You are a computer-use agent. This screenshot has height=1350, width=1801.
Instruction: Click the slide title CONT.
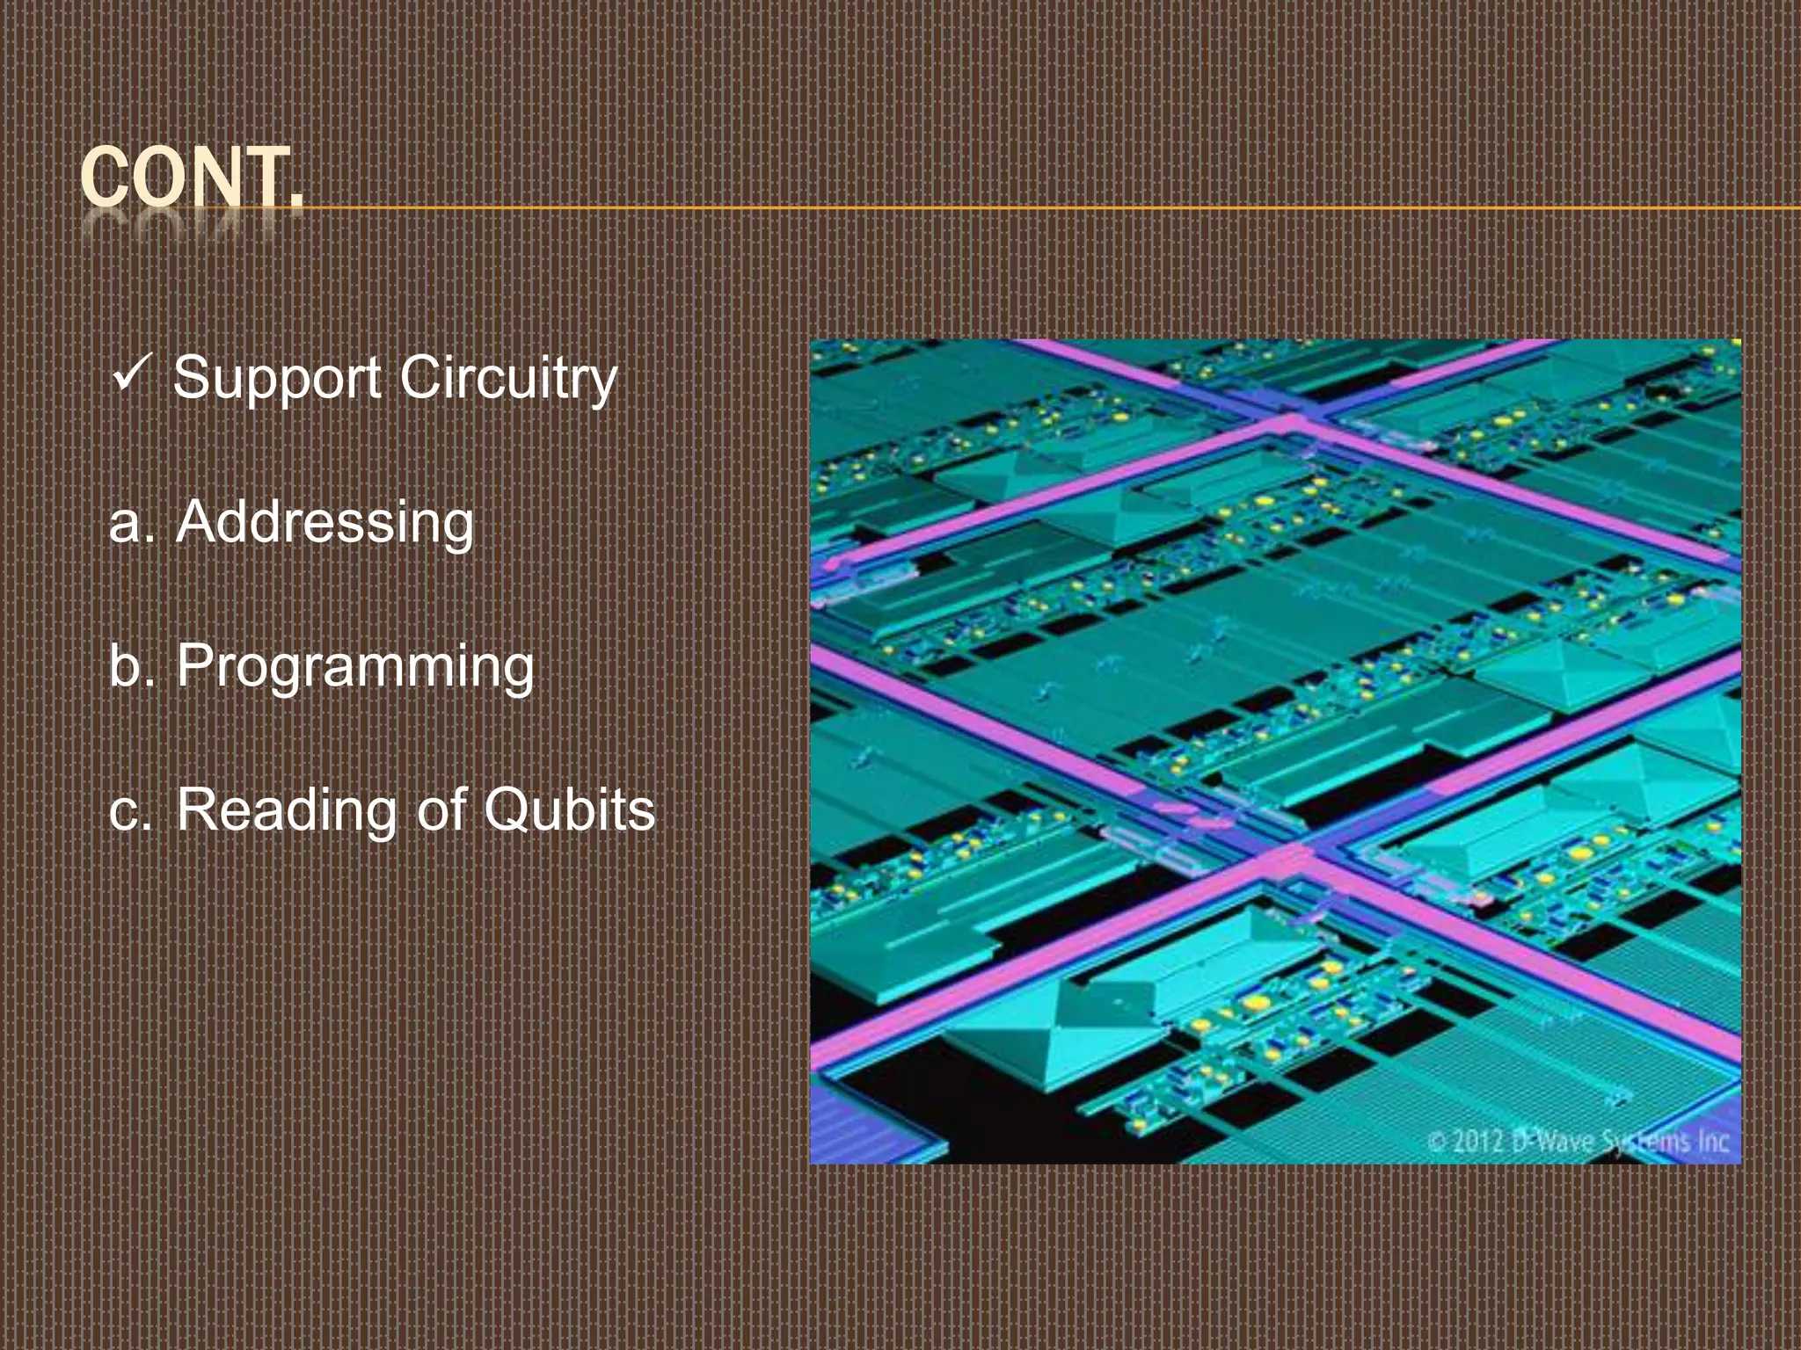tap(192, 178)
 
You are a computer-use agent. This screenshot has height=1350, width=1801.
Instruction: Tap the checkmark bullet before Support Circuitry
tap(134, 374)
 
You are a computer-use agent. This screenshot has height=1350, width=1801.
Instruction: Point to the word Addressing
tap(324, 523)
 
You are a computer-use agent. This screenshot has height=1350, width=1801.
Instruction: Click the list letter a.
tap(126, 525)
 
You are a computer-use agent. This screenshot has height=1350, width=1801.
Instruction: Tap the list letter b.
tap(126, 666)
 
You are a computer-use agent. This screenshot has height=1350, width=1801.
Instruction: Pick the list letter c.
tap(126, 812)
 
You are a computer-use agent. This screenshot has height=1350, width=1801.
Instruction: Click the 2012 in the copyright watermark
tap(1477, 1142)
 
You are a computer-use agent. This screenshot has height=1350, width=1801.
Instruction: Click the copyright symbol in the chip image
tap(1436, 1142)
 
